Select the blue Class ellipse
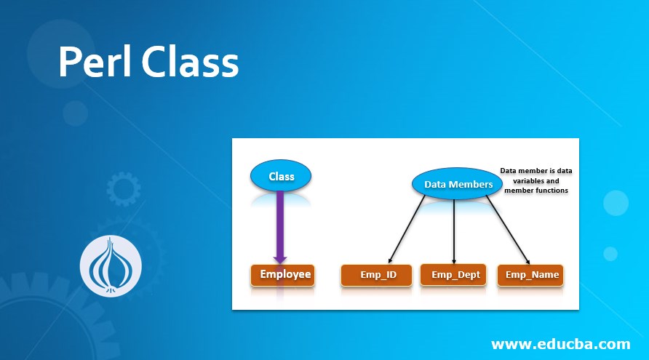282,176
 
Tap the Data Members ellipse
458,185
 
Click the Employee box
282,275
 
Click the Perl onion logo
111,266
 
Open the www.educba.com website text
560,343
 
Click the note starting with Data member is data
536,180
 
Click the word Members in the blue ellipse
471,185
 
